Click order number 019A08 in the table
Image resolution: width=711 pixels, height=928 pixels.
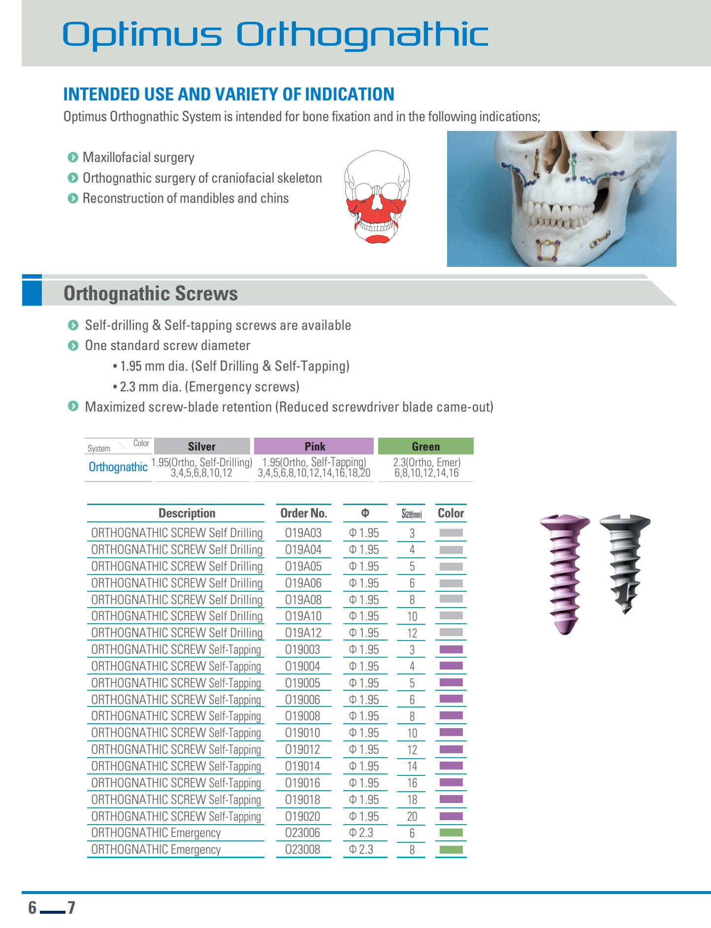click(303, 600)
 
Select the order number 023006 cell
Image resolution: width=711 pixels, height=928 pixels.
click(303, 832)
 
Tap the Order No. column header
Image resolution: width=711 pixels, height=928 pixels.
click(303, 513)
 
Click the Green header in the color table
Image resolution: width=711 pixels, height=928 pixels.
click(425, 446)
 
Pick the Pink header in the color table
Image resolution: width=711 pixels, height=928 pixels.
click(314, 446)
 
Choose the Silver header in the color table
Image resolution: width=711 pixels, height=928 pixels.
click(202, 446)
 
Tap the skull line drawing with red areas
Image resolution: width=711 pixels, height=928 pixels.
click(377, 197)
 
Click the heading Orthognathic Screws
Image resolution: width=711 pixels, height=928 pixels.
click(151, 293)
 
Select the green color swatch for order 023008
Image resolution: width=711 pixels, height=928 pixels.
click(451, 849)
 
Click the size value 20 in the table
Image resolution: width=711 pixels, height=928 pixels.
click(412, 816)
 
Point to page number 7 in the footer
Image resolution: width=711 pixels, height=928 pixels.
click(71, 907)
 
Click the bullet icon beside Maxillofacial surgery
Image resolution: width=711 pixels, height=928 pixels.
click(73, 158)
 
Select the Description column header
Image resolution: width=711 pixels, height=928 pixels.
click(187, 513)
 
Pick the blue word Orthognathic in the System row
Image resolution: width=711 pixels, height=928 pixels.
click(118, 467)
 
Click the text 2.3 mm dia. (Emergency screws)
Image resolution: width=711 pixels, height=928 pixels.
click(209, 387)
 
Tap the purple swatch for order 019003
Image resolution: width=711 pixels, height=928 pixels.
click(451, 649)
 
